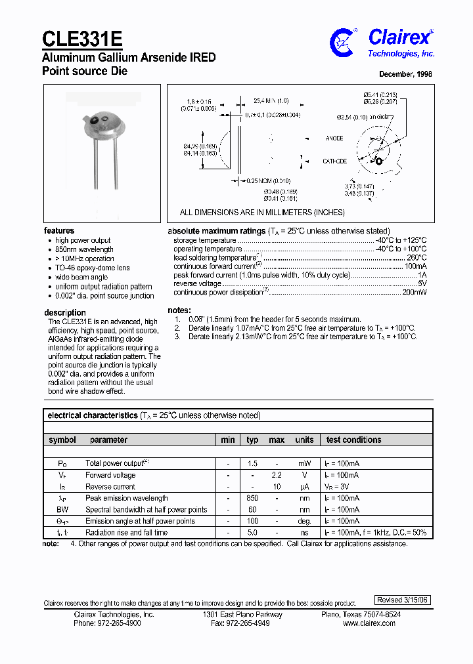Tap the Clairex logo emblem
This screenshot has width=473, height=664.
pyautogui.click(x=342, y=41)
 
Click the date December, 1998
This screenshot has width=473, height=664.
pyautogui.click(x=405, y=75)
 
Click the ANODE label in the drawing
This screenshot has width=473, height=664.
pyautogui.click(x=334, y=138)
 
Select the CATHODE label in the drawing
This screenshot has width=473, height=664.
pyautogui.click(x=334, y=161)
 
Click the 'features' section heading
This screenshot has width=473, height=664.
pyautogui.click(x=59, y=231)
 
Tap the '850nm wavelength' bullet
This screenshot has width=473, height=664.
pyautogui.click(x=85, y=249)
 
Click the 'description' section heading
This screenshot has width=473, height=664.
pyautogui.click(x=65, y=312)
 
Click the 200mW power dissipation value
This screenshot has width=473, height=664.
pyautogui.click(x=415, y=293)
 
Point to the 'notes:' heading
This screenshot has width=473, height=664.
pyautogui.click(x=179, y=310)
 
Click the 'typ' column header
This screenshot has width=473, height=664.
pyautogui.click(x=252, y=440)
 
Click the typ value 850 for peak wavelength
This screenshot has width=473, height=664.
pyautogui.click(x=252, y=498)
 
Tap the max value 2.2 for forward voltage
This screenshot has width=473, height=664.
pyautogui.click(x=277, y=475)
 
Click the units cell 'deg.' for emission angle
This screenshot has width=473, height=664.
pyautogui.click(x=304, y=521)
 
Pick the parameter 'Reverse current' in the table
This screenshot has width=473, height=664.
pyautogui.click(x=110, y=487)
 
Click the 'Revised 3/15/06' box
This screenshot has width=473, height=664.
pyautogui.click(x=403, y=600)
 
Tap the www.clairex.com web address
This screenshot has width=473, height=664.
pyautogui.click(x=369, y=623)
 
